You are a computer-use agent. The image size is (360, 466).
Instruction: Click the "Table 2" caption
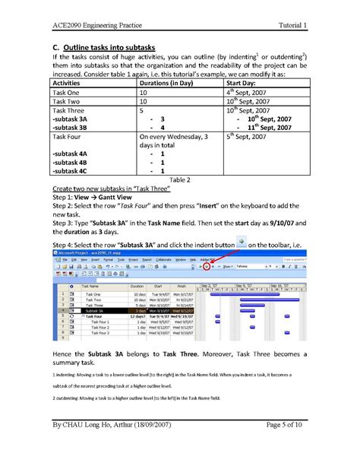click(180, 180)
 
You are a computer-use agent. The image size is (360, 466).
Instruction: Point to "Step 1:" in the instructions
click(62, 196)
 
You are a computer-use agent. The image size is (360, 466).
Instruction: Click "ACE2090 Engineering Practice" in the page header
click(92, 25)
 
